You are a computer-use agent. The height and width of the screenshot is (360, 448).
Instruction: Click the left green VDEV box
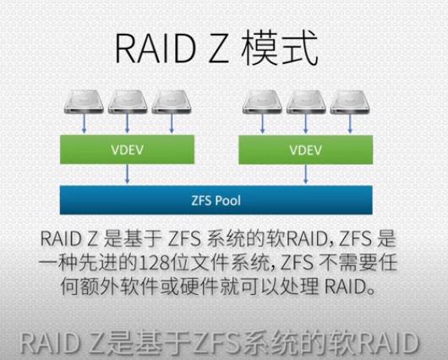(x=127, y=150)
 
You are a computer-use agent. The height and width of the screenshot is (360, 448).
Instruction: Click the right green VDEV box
(x=306, y=150)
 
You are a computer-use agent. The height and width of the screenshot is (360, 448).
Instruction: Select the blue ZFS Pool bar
(x=216, y=200)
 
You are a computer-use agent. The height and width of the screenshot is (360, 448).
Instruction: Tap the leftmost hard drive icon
(x=84, y=101)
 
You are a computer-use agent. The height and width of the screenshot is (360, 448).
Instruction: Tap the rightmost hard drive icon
(x=350, y=101)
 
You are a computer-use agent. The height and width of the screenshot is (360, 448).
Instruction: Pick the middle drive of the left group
(x=128, y=101)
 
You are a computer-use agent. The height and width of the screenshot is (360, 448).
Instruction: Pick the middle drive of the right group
(x=306, y=101)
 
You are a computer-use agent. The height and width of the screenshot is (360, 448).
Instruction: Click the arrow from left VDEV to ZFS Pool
(x=127, y=174)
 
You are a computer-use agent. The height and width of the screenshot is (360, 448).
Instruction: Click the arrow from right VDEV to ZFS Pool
(x=306, y=174)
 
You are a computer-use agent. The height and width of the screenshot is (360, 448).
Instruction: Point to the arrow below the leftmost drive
(x=84, y=123)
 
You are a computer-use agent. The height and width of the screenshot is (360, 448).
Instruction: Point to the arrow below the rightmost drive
(x=350, y=123)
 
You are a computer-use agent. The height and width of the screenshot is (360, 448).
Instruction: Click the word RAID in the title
(x=156, y=48)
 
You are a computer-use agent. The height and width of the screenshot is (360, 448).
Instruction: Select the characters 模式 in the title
(x=280, y=48)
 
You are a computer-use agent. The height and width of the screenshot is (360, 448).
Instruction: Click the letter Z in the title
(x=219, y=49)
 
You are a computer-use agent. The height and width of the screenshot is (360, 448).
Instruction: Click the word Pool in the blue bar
(x=228, y=200)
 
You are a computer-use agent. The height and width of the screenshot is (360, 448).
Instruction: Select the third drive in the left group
(x=172, y=101)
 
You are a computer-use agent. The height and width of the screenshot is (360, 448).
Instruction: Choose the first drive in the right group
(x=262, y=101)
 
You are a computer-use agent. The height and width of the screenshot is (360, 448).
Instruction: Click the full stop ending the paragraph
(x=371, y=292)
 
